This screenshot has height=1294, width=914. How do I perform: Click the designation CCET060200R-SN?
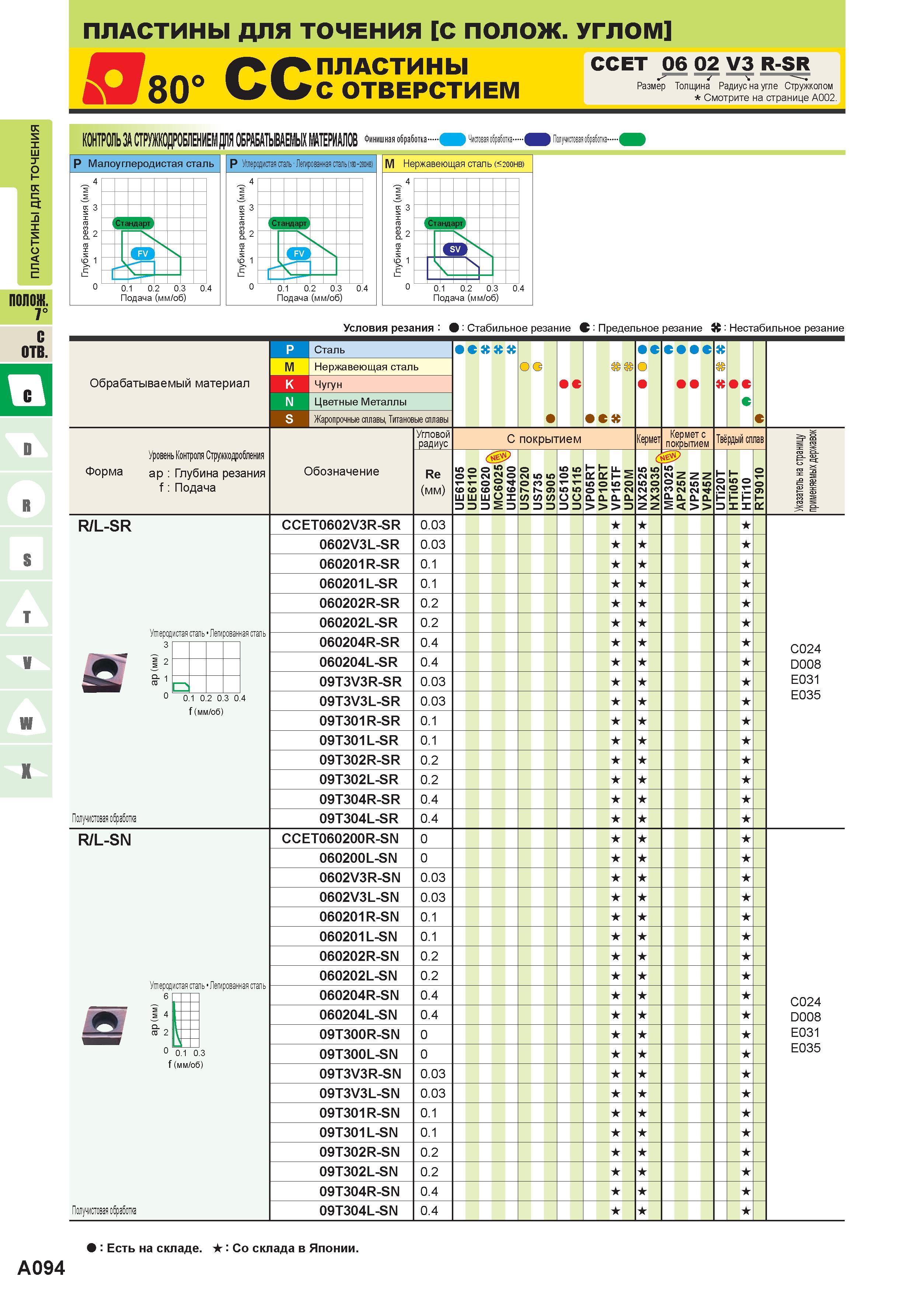[340, 838]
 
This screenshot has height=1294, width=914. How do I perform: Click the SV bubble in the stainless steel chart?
[455, 249]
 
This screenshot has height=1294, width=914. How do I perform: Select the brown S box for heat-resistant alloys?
[289, 419]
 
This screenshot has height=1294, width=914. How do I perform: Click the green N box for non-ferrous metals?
[289, 402]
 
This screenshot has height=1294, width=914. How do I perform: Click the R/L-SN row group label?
[105, 840]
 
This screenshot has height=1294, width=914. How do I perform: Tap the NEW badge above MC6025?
[498, 457]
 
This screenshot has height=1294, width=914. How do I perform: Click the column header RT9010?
[759, 489]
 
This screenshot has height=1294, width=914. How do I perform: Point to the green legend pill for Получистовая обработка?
[632, 139]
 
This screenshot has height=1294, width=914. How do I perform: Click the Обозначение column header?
[341, 471]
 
